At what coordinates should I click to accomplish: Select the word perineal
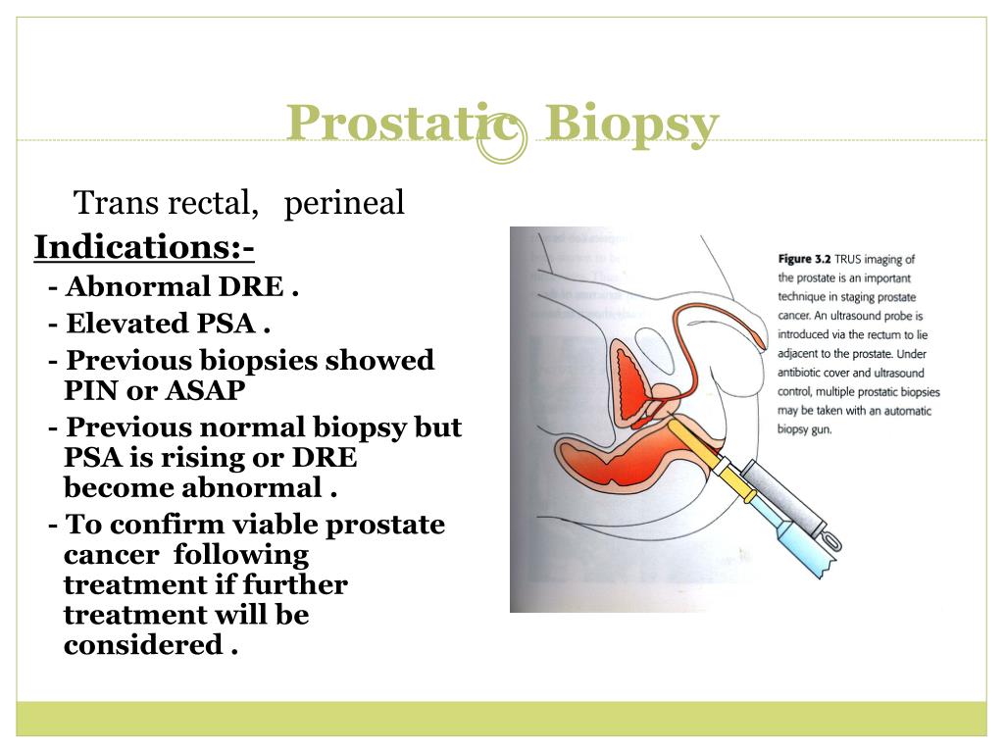click(x=344, y=203)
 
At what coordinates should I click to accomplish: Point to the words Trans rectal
click(x=167, y=203)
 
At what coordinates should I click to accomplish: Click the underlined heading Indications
click(x=143, y=247)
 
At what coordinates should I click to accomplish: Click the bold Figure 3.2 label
click(x=805, y=259)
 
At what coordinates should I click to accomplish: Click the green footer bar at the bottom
click(x=501, y=718)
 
